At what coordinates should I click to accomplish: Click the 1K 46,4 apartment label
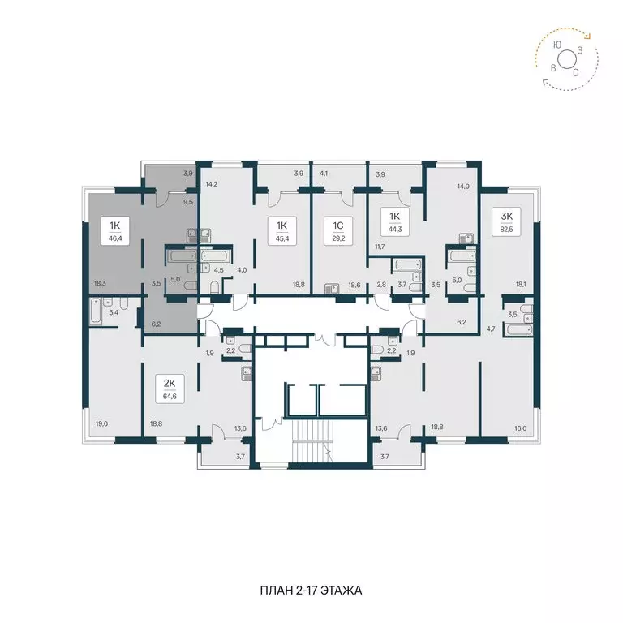point(115,231)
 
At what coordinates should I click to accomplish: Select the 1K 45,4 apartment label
point(282,231)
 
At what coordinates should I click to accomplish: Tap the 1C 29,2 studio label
point(338,231)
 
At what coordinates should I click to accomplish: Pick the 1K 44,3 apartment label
point(395,221)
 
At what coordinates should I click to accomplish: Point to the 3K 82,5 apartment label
point(506,221)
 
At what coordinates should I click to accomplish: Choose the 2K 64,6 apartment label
point(170,389)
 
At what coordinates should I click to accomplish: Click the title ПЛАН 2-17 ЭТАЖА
point(311,591)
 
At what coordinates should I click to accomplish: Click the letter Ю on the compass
point(557,45)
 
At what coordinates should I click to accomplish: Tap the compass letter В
point(553,68)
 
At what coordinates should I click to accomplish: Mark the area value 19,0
point(101,424)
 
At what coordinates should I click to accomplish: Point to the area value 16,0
point(520,428)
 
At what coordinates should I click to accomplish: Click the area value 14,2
point(212,184)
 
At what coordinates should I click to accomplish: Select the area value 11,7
point(380,247)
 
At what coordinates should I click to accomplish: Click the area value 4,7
point(491,329)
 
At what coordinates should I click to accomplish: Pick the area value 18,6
point(354,285)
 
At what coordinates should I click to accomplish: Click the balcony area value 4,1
point(324,174)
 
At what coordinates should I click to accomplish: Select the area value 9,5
point(188,202)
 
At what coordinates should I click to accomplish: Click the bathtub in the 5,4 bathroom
point(96,312)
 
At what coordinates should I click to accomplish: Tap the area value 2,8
point(381,285)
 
